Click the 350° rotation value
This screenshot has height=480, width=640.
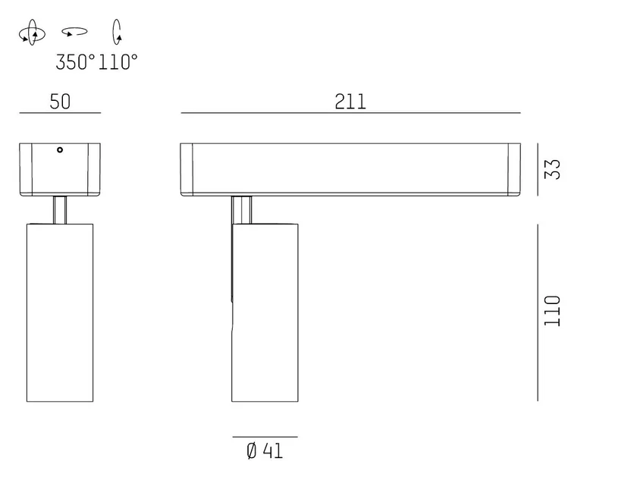click(75, 62)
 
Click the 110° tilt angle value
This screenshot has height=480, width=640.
click(118, 62)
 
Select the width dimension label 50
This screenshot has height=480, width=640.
click(60, 102)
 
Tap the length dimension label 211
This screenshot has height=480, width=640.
click(350, 102)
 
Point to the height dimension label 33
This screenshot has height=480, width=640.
click(553, 168)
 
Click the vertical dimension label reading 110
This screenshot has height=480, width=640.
click(553, 311)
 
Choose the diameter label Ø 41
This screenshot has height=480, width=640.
click(265, 451)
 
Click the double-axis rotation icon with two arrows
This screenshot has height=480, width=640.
click(33, 33)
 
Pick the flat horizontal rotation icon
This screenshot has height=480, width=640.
click(74, 31)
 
